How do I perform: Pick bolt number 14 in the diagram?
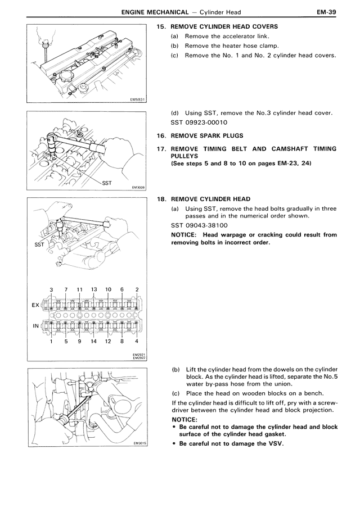click(x=93, y=341)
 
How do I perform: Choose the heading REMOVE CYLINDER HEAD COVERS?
click(x=224, y=26)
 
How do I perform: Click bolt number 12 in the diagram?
click(x=109, y=341)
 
